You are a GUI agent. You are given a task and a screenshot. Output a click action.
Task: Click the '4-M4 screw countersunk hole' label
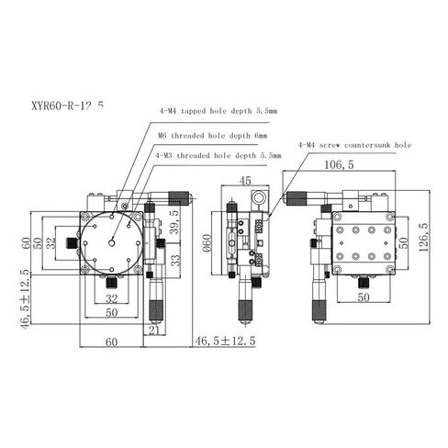pos(354,144)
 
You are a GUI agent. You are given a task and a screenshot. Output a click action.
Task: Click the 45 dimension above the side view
pos(245,180)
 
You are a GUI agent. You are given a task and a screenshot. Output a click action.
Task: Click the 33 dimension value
pos(174,260)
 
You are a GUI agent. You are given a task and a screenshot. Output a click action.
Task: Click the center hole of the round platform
pos(111,241)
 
